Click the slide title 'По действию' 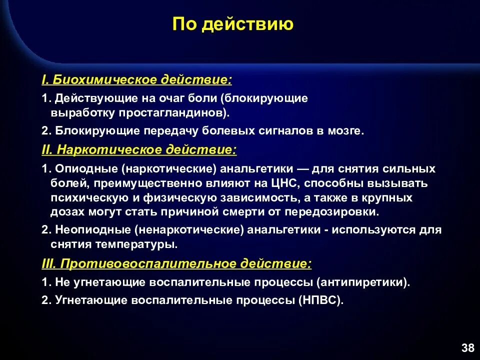tap(233, 24)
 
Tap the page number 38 tap(468, 348)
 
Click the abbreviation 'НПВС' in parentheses tap(320, 301)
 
